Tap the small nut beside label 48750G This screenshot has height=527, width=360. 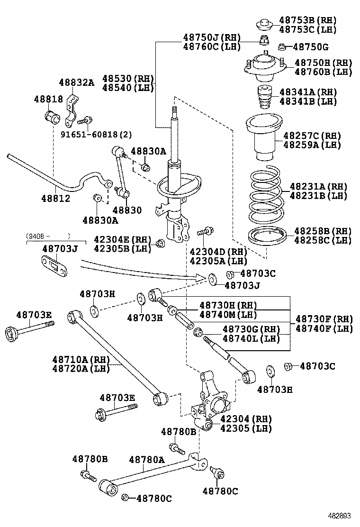click(281, 46)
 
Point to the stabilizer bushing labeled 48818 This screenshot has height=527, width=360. click(52, 116)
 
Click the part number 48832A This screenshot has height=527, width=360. click(76, 82)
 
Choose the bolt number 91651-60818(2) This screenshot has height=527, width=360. click(96, 134)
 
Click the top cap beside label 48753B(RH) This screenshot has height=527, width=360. click(264, 23)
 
